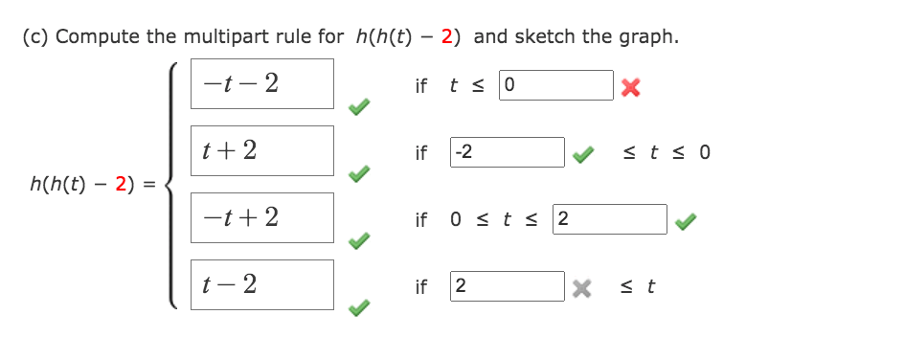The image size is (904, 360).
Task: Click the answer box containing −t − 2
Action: tap(261, 83)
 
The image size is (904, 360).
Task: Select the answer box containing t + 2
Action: tap(261, 150)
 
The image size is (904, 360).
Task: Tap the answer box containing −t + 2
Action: tap(261, 217)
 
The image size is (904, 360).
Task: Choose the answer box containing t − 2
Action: tap(261, 284)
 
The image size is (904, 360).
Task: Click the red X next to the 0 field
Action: tap(628, 88)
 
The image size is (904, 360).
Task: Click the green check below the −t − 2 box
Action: tap(358, 108)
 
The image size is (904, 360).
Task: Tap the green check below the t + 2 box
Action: tap(358, 175)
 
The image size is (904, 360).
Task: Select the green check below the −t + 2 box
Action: tap(358, 242)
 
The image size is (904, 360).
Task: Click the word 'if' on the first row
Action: tap(421, 86)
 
